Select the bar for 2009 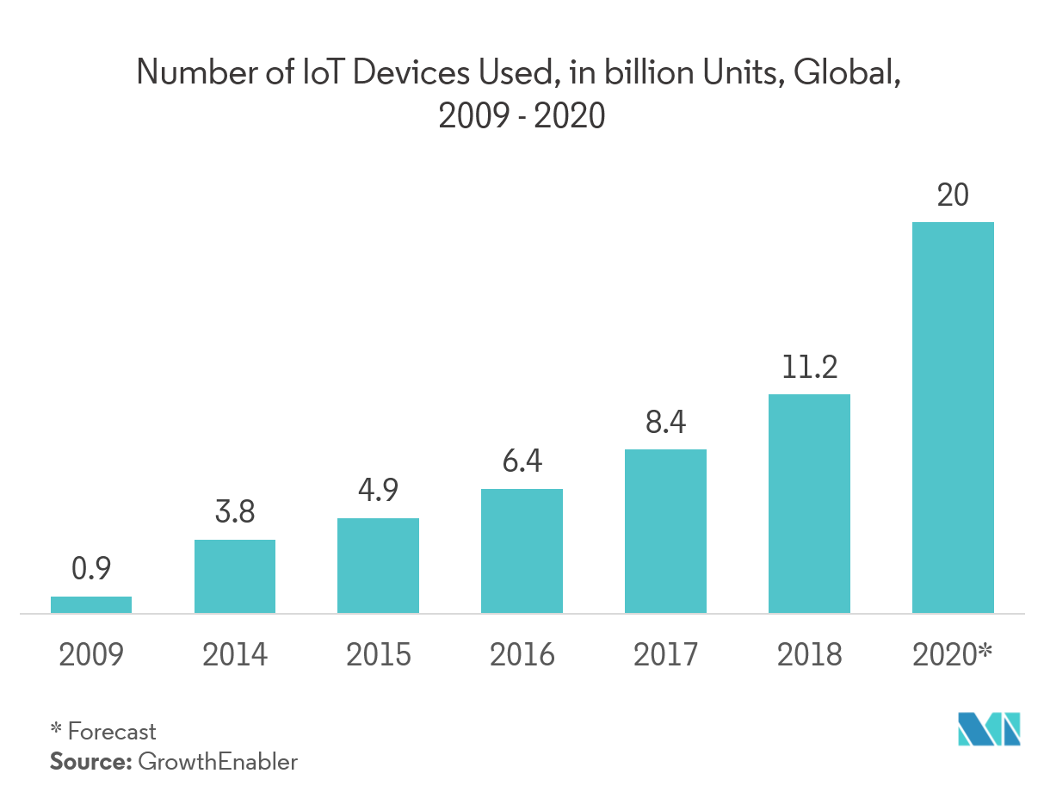point(91,605)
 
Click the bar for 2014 point(235,577)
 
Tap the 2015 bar point(379,566)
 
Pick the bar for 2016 point(522,551)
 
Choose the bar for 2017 point(665,531)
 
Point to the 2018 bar point(809,504)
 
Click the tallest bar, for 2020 point(953,418)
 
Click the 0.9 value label point(91,569)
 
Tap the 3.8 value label point(234,513)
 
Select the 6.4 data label point(522,462)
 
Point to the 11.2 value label point(809,368)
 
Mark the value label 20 point(953,195)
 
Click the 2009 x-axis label point(91,656)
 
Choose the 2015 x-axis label point(379,656)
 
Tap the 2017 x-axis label point(665,656)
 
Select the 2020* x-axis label point(953,656)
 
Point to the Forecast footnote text point(112,732)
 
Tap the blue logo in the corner point(989,729)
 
